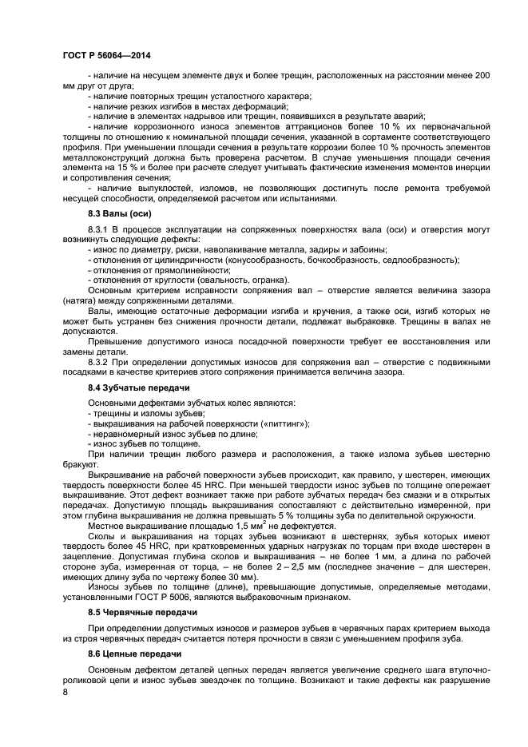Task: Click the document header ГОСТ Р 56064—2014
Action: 106,55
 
